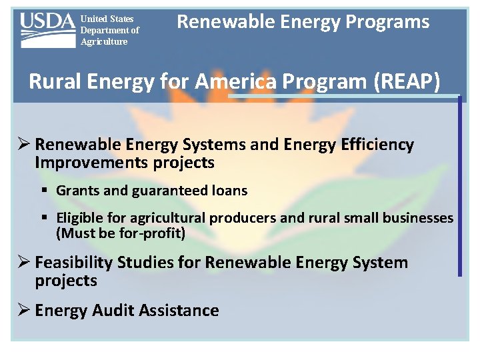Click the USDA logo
(x=47, y=30)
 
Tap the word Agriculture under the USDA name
(x=104, y=42)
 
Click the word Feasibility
(x=74, y=263)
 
